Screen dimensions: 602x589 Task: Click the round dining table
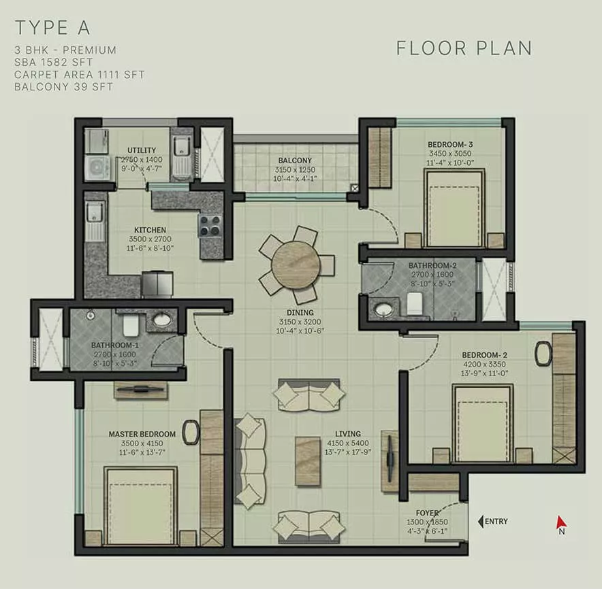click(x=296, y=264)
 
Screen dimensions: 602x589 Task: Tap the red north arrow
click(x=561, y=522)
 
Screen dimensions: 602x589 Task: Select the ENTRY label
click(x=496, y=522)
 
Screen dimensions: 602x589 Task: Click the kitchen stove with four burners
click(x=210, y=226)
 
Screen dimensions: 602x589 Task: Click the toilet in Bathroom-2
click(x=414, y=304)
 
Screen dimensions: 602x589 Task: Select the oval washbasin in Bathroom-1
click(x=163, y=319)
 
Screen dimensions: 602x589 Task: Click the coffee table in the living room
click(x=308, y=461)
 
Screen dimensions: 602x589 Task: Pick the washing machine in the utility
click(x=97, y=168)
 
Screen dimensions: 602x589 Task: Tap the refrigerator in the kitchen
click(x=157, y=284)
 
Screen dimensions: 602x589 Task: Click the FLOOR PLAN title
click(x=464, y=48)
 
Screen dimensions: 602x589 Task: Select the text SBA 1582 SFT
click(x=53, y=62)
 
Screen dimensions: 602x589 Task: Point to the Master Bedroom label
click(x=142, y=434)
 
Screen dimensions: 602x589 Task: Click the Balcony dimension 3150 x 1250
click(x=295, y=169)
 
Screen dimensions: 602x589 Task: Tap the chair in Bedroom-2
click(x=544, y=354)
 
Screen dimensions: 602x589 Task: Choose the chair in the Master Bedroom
click(x=191, y=432)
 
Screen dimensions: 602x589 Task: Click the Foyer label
click(x=427, y=513)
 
